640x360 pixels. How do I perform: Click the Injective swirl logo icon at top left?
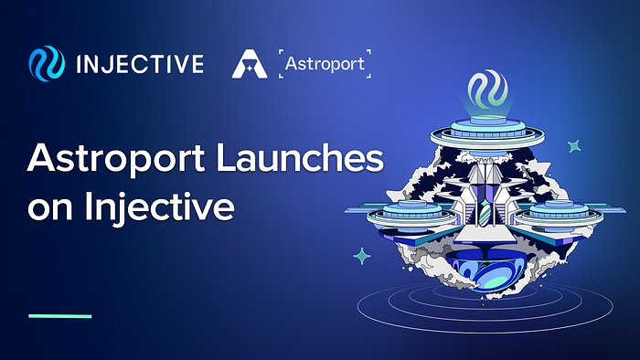[x=45, y=65]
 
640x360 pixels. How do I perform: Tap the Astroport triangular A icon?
[x=249, y=65]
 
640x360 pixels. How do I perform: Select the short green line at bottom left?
[x=60, y=316]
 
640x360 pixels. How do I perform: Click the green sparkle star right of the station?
[x=574, y=145]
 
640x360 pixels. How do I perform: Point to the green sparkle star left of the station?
[x=362, y=257]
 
